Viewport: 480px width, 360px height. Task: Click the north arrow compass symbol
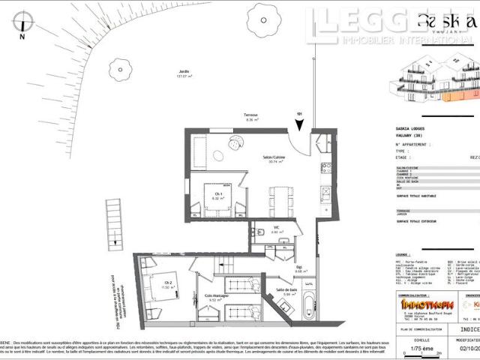(x=22, y=21)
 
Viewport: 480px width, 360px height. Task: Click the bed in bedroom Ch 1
(x=216, y=200)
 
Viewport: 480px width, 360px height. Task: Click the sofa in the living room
(x=197, y=153)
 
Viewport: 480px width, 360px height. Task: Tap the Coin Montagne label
(x=217, y=297)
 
